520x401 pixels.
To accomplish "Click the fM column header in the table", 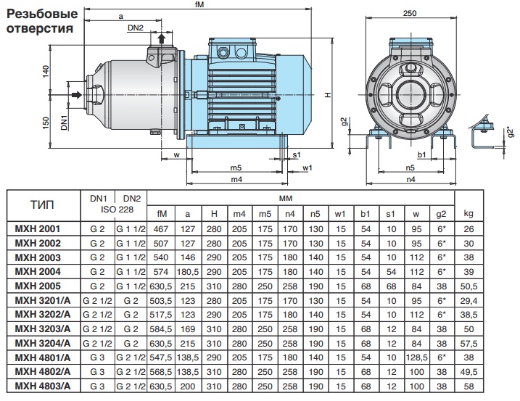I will coord(162,213).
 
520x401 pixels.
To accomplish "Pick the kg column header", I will coord(468,213).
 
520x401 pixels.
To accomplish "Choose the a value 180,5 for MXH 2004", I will coord(188,271).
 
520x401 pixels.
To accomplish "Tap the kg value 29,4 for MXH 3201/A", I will coord(468,299).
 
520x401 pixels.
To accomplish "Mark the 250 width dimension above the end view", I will coord(410,15).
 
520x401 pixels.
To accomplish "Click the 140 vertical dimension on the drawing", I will coord(45,72).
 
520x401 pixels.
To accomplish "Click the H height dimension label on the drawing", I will coord(327,96).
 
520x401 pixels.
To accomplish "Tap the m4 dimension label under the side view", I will coord(236,179).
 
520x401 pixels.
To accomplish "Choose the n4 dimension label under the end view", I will coord(410,179).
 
